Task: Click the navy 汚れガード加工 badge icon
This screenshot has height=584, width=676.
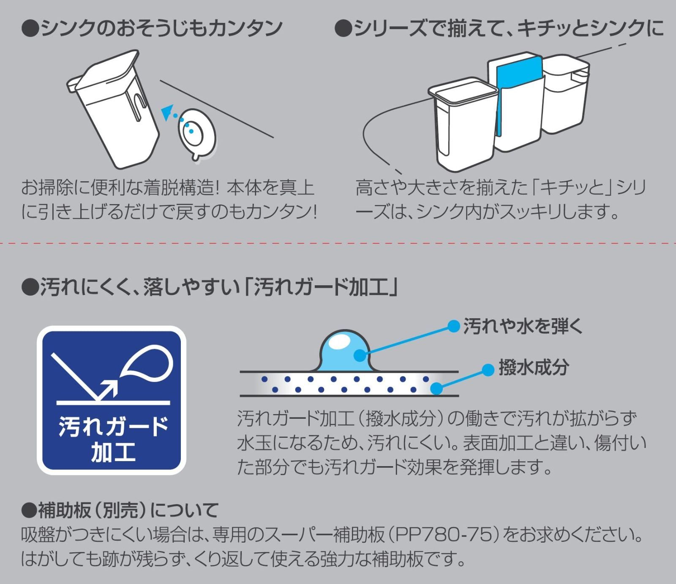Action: pyautogui.click(x=112, y=400)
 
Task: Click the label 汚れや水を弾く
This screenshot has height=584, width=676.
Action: pyautogui.click(x=523, y=326)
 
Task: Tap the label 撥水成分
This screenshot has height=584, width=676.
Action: pyautogui.click(x=534, y=367)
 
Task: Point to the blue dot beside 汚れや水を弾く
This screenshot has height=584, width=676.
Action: pyautogui.click(x=453, y=326)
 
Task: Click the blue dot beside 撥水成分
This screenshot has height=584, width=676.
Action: pyautogui.click(x=488, y=370)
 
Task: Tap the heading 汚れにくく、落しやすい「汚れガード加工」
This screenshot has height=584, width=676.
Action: pyautogui.click(x=210, y=288)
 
